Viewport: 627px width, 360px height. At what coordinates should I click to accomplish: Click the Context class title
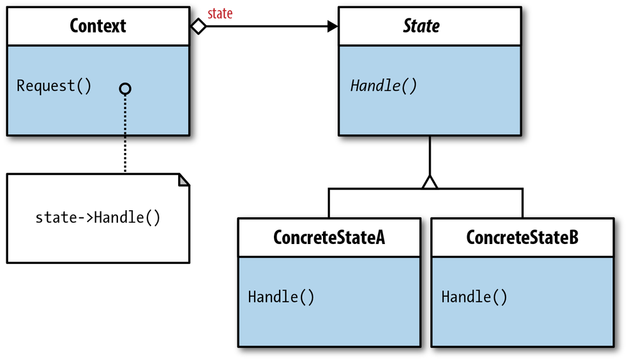click(98, 26)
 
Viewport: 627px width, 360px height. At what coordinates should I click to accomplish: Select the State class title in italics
click(421, 26)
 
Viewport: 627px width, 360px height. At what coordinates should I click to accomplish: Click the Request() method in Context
click(54, 86)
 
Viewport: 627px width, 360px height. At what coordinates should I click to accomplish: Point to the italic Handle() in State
click(383, 86)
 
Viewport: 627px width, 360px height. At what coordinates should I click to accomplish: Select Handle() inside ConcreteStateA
click(281, 297)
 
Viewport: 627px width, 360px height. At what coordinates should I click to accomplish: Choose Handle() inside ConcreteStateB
click(474, 297)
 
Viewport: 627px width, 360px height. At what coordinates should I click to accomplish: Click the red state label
click(219, 13)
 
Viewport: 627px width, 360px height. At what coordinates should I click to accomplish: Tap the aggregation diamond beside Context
click(198, 26)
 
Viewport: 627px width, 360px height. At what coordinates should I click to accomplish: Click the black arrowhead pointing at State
click(332, 26)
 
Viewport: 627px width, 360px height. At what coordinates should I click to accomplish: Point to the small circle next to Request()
click(125, 89)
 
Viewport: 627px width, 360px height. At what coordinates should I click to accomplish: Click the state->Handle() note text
click(98, 218)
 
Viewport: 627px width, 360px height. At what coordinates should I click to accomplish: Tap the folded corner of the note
click(184, 181)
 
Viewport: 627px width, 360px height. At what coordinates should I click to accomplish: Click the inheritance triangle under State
click(429, 182)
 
